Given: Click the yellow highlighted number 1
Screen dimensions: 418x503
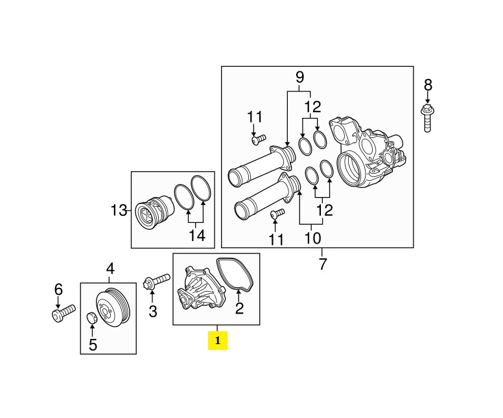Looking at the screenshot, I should [x=218, y=340].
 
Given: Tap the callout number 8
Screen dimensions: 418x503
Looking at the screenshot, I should [x=427, y=85].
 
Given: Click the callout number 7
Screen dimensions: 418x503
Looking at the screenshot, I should [x=323, y=264].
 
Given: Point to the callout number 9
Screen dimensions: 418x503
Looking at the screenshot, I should [x=299, y=77].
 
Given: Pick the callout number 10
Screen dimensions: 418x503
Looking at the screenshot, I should [x=312, y=238].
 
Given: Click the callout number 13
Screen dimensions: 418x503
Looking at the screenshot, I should [x=119, y=210].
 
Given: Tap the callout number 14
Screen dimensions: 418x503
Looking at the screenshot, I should [x=197, y=236].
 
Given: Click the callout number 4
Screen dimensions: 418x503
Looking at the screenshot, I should [x=110, y=268].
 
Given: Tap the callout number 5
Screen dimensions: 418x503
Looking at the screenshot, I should [x=92, y=345].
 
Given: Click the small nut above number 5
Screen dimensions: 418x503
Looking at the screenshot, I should [x=92, y=318].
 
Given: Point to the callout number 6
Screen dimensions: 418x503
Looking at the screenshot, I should [x=58, y=288].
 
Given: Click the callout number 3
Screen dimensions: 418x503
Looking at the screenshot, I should [x=153, y=312].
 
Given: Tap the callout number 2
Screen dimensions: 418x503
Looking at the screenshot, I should [x=239, y=309].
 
